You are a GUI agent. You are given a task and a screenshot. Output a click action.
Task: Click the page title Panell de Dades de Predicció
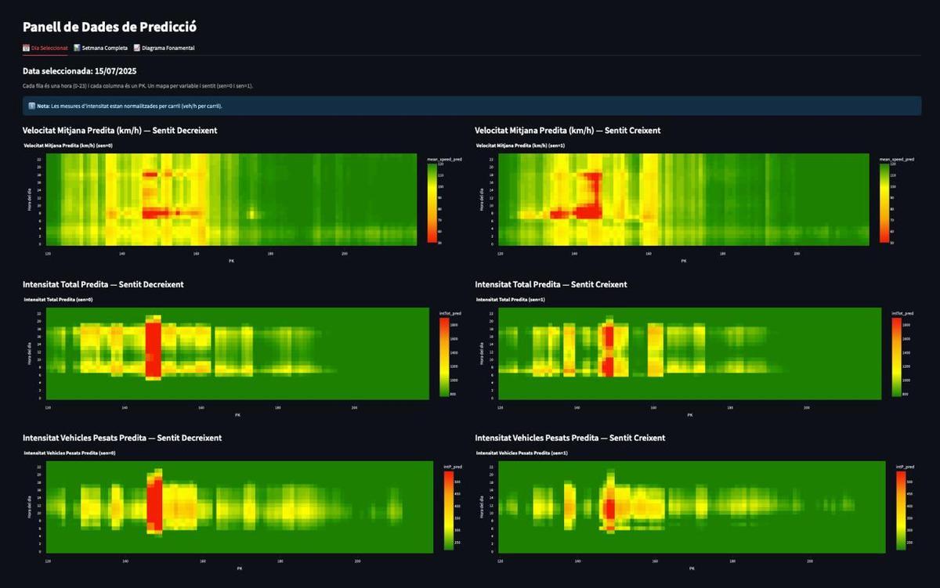click(x=109, y=27)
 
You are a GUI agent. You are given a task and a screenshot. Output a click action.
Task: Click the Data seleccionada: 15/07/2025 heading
click(x=79, y=70)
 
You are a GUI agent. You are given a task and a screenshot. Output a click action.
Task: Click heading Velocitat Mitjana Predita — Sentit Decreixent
click(x=120, y=130)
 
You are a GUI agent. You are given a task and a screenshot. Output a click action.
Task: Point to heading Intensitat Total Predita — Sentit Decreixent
click(x=103, y=284)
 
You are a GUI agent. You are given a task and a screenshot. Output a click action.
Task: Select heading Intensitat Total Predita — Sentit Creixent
click(x=551, y=284)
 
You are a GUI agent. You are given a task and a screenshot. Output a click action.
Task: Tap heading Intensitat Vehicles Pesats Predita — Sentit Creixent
click(x=569, y=438)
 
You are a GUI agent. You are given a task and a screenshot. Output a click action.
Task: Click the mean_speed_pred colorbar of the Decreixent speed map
click(x=432, y=204)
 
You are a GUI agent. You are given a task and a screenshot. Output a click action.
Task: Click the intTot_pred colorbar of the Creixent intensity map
click(x=896, y=357)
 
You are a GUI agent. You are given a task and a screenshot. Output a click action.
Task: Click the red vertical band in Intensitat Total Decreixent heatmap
click(x=153, y=348)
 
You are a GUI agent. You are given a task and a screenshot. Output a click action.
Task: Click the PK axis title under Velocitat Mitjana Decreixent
click(x=231, y=261)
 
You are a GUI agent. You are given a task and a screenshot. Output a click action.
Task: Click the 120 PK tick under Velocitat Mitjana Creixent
click(x=500, y=254)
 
